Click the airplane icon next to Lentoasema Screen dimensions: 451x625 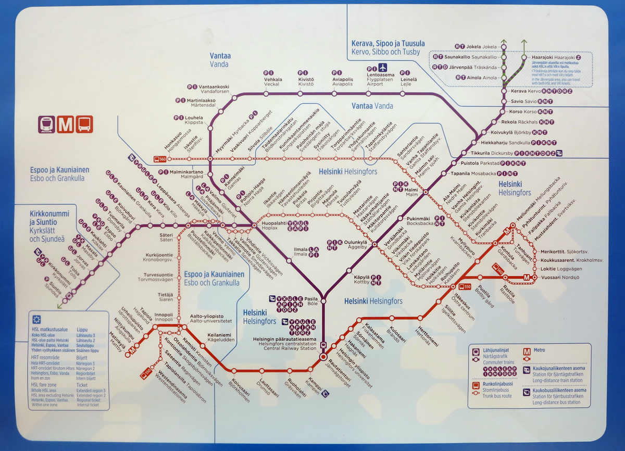384,68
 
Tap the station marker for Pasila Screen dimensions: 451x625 323,300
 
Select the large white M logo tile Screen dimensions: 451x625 66,124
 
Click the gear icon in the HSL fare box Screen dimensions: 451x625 36,320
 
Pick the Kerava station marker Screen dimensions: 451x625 504,92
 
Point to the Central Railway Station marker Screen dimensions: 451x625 323,357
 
